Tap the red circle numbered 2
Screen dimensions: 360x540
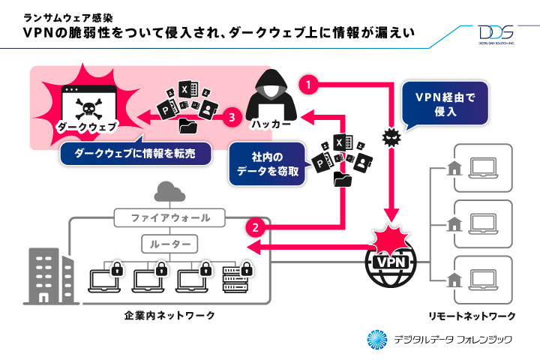(256, 226)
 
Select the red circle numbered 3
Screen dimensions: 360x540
(232, 117)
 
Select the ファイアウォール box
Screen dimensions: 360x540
(171, 218)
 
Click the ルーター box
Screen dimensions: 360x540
(171, 244)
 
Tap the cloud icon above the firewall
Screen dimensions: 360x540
(169, 193)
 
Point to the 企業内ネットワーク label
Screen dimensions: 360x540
(169, 316)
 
